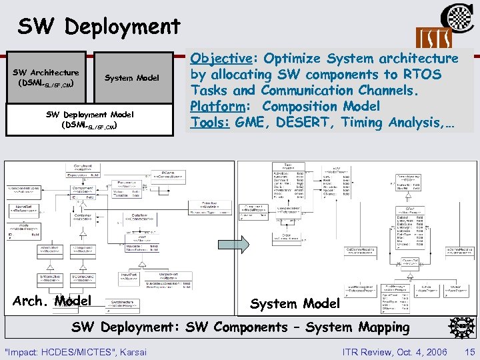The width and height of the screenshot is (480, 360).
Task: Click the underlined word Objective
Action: coord(223,58)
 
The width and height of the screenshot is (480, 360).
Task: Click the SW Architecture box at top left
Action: coord(45,77)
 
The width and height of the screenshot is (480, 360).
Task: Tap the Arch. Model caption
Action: coord(52,301)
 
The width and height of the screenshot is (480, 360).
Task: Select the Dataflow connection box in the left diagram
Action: coord(139,218)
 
